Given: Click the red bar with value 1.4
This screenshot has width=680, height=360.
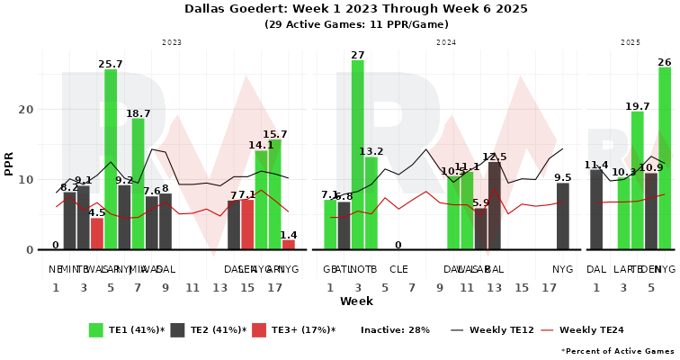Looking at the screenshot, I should pos(289,245).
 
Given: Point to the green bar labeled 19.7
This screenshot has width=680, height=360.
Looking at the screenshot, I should pos(637,181).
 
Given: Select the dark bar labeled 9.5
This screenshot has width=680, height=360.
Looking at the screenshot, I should pos(563,217).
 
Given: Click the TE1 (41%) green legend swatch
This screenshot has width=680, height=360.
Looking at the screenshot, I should pos(97,330).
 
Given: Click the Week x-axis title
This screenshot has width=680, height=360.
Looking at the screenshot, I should pos(356,301).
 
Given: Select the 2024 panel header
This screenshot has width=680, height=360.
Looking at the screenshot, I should pos(447,42).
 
